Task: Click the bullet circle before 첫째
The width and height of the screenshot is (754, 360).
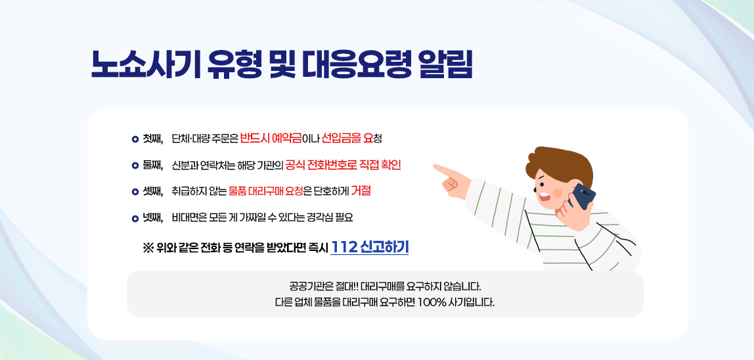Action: [135, 139]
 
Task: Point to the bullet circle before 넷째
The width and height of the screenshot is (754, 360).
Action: [135, 217]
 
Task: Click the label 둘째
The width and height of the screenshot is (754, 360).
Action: [152, 164]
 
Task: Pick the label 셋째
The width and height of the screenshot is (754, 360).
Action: [152, 191]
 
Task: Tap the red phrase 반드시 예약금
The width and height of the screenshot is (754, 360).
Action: [270, 138]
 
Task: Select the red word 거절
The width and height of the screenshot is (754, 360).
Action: [361, 191]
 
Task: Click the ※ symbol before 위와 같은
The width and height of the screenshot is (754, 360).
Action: [148, 248]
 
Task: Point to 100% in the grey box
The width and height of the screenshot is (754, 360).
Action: [431, 303]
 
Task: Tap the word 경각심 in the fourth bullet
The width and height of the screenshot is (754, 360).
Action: [320, 217]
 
